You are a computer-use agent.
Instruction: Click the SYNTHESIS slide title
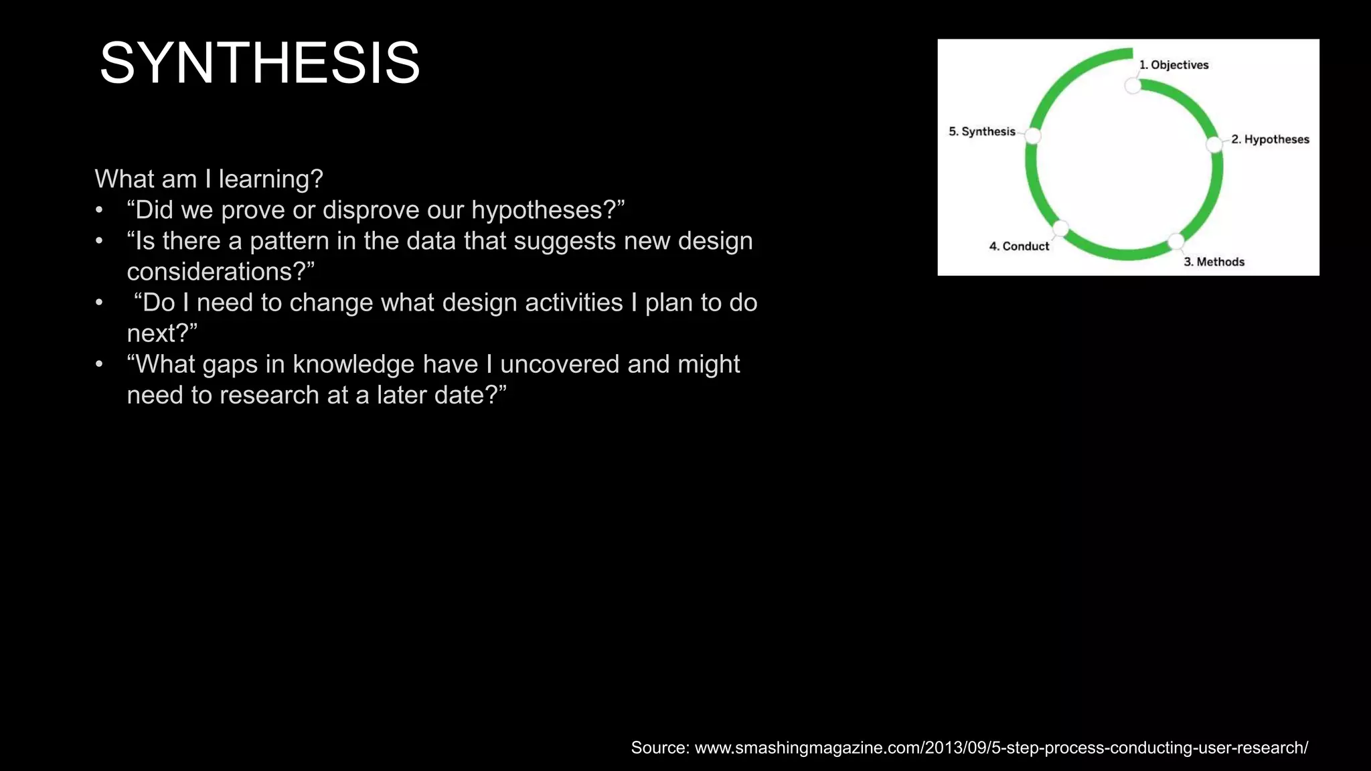pyautogui.click(x=260, y=64)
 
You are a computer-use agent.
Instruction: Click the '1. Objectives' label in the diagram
pyautogui.click(x=1174, y=65)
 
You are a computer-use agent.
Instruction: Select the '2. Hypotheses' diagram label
pyautogui.click(x=1270, y=139)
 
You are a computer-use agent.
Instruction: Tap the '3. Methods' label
pyautogui.click(x=1214, y=262)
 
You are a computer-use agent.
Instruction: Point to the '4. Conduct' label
pyautogui.click(x=1019, y=246)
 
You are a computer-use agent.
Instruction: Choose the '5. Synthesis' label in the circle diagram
pyautogui.click(x=981, y=131)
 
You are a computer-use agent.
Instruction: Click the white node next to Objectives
pyautogui.click(x=1133, y=86)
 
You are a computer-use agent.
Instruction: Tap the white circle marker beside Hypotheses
pyautogui.click(x=1214, y=145)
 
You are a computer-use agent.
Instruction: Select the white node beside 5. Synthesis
pyautogui.click(x=1033, y=136)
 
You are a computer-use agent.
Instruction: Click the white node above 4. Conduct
pyautogui.click(x=1061, y=228)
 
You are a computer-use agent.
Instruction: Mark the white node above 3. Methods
pyautogui.click(x=1176, y=241)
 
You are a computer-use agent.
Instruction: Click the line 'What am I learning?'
pyautogui.click(x=209, y=179)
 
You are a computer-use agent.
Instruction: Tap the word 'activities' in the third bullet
pyautogui.click(x=574, y=303)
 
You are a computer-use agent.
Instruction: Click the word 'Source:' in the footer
pyautogui.click(x=660, y=748)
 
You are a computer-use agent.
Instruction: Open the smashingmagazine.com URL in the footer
pyautogui.click(x=1001, y=748)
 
